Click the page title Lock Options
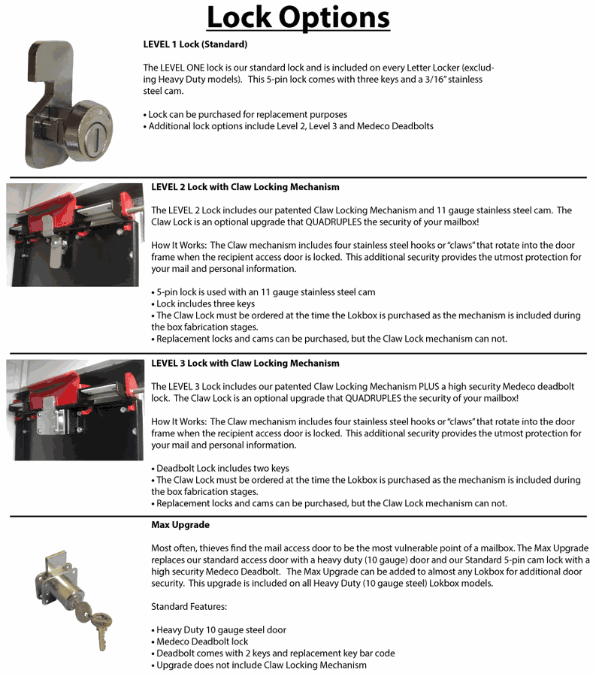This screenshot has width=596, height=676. [x=298, y=18]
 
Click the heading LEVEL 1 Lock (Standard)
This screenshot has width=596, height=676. [x=195, y=44]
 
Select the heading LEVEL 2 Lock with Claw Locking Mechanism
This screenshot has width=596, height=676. [x=245, y=187]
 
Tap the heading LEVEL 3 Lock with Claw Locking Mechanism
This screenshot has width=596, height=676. [x=245, y=364]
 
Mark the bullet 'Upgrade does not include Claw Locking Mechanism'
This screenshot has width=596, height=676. [x=259, y=665]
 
